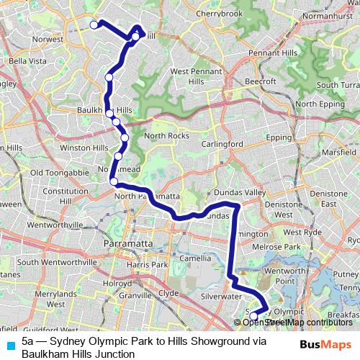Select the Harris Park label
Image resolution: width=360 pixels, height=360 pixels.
pos(146,265)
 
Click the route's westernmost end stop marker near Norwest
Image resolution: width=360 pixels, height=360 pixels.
pos(94,25)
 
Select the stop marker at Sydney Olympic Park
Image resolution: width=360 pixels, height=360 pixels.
pos(253,315)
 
